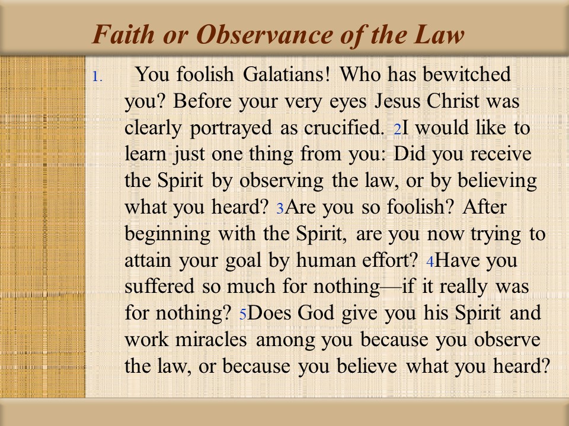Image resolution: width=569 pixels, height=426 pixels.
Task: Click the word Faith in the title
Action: point(123,34)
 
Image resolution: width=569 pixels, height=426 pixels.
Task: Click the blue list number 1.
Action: point(97,77)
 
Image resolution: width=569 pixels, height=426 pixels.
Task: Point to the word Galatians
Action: point(286,75)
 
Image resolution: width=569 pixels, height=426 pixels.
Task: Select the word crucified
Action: point(344,128)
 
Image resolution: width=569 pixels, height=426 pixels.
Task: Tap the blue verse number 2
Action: point(397,130)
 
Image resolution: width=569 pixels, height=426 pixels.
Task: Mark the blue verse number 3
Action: point(280,209)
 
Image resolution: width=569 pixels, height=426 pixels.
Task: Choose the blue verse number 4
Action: point(430,262)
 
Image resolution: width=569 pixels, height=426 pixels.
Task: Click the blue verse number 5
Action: point(243,314)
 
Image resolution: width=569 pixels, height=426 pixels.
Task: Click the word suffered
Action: point(159,286)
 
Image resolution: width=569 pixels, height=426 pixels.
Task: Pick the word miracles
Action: point(211,340)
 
